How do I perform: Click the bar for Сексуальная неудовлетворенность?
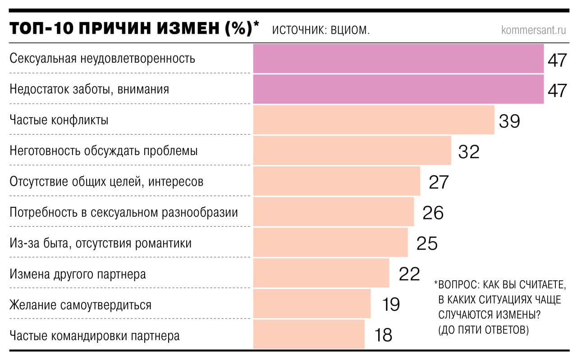tap(398, 59)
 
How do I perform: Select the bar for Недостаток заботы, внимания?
tap(398, 89)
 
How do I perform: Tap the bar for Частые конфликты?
tap(373, 120)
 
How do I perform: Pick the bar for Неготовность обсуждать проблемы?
tap(352, 150)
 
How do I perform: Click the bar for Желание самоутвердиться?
tap(311, 304)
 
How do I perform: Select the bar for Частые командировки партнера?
tap(308, 334)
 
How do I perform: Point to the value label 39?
tap(509, 121)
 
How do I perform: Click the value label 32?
tap(469, 152)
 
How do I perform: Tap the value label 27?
tap(439, 182)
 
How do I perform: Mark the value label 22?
tap(409, 273)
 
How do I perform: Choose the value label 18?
tap(383, 335)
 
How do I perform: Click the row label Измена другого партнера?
tap(78, 274)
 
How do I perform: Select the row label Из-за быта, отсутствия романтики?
tap(101, 243)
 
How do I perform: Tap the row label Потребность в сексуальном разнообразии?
tap(124, 212)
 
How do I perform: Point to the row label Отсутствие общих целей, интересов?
tap(106, 182)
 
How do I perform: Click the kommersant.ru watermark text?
tap(533, 30)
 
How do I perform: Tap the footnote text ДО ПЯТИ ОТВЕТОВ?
tap(484, 330)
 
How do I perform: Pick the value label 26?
tap(433, 213)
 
